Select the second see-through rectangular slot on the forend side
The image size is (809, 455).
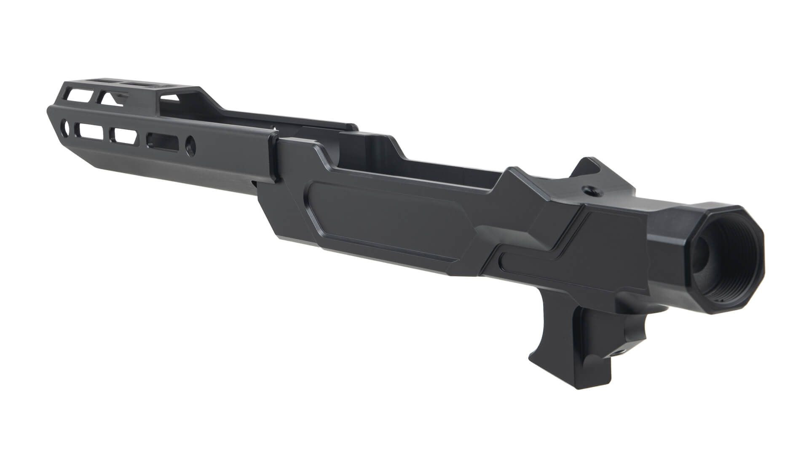[123, 135]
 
